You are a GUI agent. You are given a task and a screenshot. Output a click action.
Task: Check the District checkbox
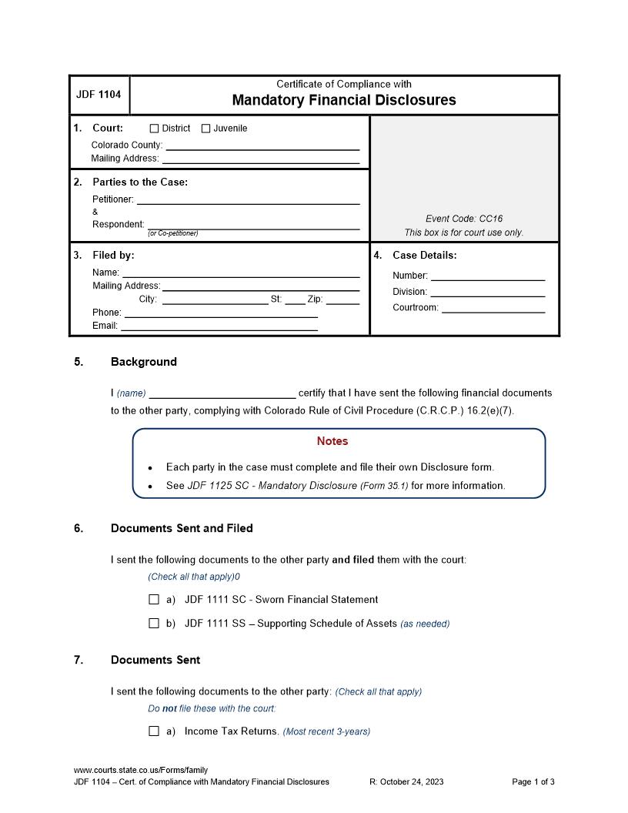tap(154, 129)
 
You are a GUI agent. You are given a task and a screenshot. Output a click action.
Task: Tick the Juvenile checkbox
tap(205, 129)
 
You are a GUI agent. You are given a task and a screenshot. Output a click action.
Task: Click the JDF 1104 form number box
tap(99, 95)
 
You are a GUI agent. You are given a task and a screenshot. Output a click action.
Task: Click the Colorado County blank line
tap(262, 146)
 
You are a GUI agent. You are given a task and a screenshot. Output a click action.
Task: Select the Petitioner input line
tap(248, 200)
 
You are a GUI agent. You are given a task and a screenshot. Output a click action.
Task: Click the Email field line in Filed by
tap(219, 326)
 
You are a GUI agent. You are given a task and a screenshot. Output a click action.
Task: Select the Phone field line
tap(221, 313)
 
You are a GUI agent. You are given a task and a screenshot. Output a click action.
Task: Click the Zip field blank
tap(342, 300)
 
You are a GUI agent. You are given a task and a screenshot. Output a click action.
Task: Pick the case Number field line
tap(487, 276)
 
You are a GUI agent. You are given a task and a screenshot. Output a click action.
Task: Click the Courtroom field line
tap(493, 309)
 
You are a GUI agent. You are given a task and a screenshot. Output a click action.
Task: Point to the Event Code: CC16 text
tap(463, 219)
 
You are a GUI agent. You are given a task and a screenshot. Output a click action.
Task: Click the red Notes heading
tap(332, 441)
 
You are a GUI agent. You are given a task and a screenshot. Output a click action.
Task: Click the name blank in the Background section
tap(222, 393)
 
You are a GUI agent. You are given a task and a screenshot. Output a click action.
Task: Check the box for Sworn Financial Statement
tap(154, 600)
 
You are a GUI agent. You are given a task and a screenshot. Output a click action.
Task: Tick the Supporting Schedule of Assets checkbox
tap(154, 624)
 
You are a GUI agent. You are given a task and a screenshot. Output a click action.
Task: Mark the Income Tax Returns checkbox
tap(154, 731)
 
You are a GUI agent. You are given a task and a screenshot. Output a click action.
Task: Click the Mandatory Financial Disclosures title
tap(344, 100)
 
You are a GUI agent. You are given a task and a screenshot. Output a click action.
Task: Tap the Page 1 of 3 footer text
tap(533, 782)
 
